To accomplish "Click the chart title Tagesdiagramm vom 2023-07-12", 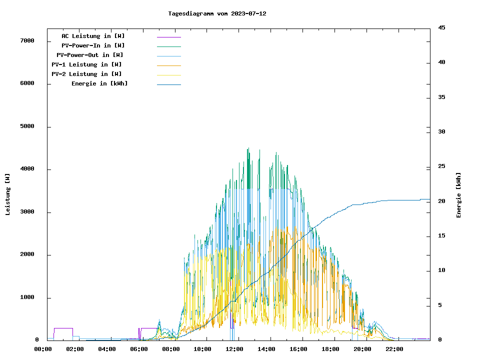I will click(x=217, y=13).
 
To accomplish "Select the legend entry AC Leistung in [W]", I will click(x=93, y=36).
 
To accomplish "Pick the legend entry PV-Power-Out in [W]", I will click(x=90, y=55).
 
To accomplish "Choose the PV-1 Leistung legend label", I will click(x=86, y=64).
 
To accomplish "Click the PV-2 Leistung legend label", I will click(x=86, y=74).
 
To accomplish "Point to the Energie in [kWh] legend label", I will click(x=99, y=83).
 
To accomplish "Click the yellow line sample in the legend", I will click(x=169, y=75).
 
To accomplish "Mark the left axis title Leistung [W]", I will click(x=7, y=194).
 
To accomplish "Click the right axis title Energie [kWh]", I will click(x=458, y=195).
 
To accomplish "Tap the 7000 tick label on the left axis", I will click(x=28, y=40).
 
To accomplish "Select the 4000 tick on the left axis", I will click(x=28, y=169).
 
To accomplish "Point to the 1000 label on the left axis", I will click(x=28, y=297).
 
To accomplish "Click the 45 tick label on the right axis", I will click(x=441, y=27).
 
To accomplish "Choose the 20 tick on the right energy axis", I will click(x=441, y=201).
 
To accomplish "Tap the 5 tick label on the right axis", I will click(x=440, y=305).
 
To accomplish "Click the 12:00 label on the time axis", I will click(x=234, y=349).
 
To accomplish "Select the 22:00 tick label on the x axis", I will click(x=394, y=349).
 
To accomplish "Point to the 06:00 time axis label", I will click(x=138, y=349).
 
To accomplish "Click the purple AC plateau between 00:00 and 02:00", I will click(x=63, y=328).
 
